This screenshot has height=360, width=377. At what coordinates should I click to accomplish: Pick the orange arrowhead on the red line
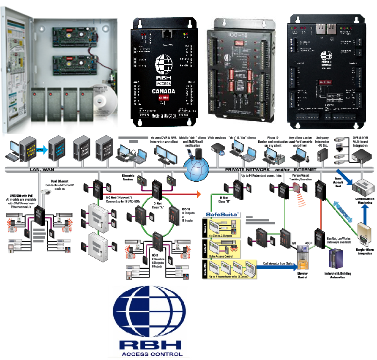pyautogui.click(x=197, y=194)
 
